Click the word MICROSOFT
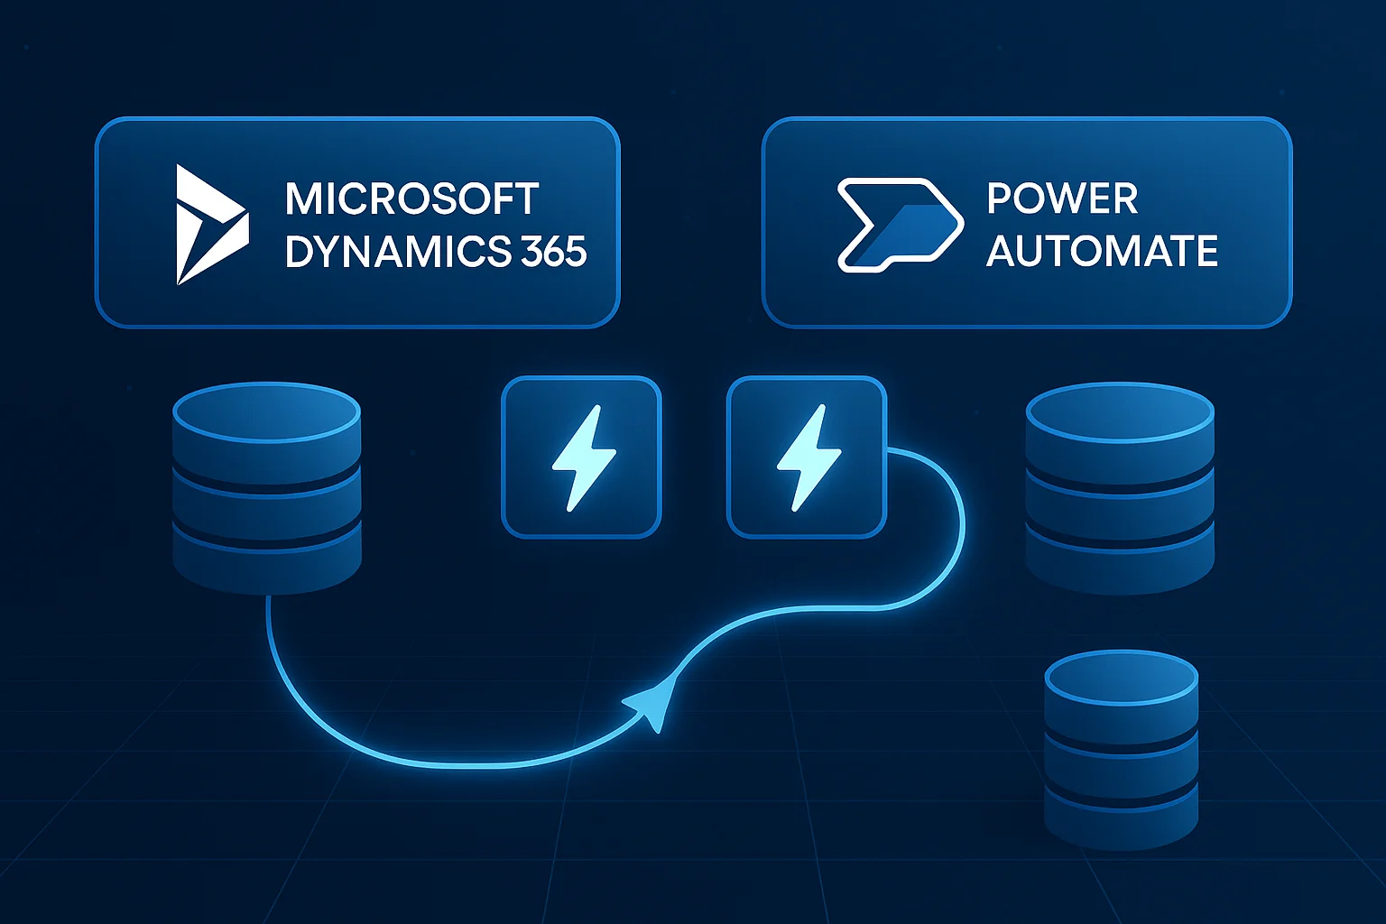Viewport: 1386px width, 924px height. pos(411,199)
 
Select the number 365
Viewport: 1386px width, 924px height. pos(553,252)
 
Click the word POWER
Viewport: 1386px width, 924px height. pos(1062,199)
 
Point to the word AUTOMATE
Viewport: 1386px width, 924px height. pos(1102,252)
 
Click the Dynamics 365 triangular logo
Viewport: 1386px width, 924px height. pos(209,225)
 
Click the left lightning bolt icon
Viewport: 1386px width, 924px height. pos(582,457)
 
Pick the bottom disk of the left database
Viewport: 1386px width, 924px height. pos(266,555)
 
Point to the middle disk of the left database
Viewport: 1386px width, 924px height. pos(266,496)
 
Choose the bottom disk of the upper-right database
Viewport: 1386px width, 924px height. pos(1120,555)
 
